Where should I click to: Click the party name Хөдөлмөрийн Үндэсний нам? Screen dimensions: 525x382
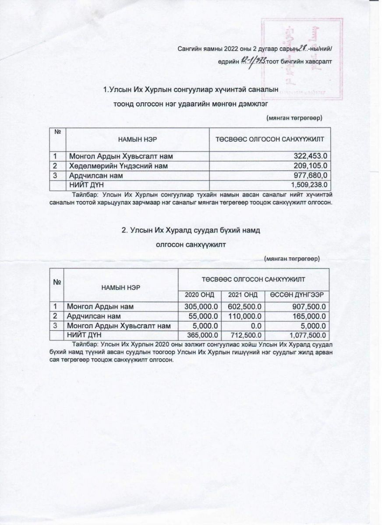click(117, 165)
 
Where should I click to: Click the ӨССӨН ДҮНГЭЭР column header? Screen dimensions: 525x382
click(296, 294)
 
